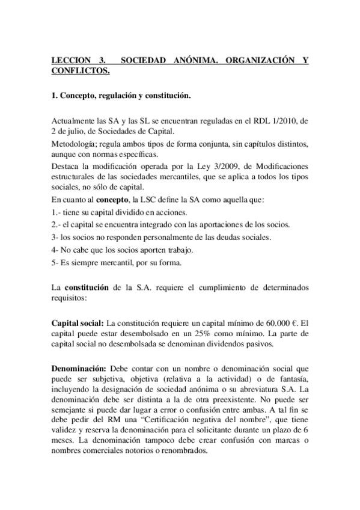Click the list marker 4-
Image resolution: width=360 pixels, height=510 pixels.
pyautogui.click(x=55, y=250)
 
